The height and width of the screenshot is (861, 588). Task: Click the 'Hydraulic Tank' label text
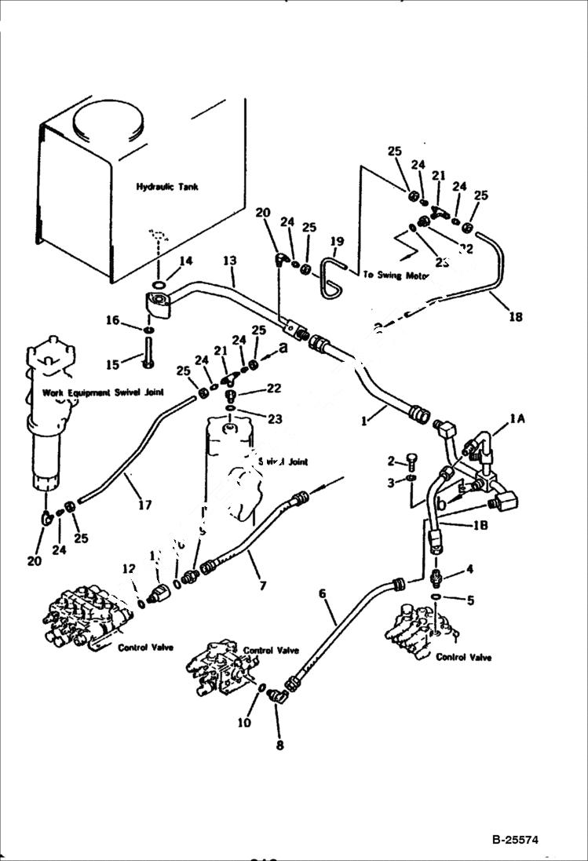click(167, 187)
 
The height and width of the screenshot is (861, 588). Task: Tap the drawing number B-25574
click(525, 840)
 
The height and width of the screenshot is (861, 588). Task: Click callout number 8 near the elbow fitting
click(279, 745)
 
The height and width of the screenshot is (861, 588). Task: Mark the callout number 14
click(185, 261)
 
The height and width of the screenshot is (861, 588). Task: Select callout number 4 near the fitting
click(469, 569)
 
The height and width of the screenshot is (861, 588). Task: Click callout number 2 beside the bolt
click(390, 460)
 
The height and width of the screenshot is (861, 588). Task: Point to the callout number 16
click(113, 320)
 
